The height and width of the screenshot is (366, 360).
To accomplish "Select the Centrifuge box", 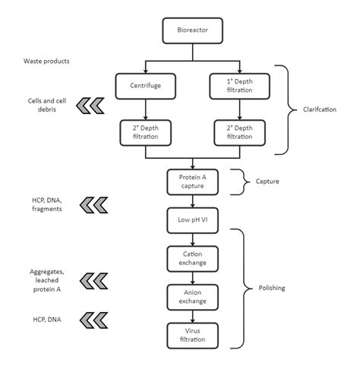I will click(x=145, y=86).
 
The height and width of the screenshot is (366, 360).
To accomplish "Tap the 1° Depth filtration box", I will click(x=239, y=86).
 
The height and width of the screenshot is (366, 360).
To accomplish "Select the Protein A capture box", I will click(x=193, y=181).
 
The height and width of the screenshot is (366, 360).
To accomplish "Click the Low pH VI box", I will click(x=193, y=220).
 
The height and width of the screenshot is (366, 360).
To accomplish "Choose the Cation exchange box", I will click(x=193, y=257).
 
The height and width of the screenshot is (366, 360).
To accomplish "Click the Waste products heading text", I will click(x=46, y=59).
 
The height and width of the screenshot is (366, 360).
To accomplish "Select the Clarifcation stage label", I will click(x=319, y=111).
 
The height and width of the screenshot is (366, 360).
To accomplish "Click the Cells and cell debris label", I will click(x=43, y=106).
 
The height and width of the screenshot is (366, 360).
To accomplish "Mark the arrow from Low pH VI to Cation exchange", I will click(x=193, y=239).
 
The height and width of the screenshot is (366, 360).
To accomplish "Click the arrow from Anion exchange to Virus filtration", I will click(x=193, y=315).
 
